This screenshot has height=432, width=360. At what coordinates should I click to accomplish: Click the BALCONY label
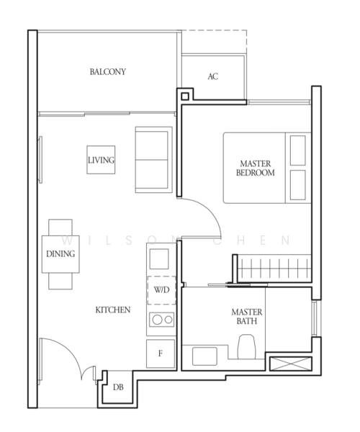click(x=108, y=72)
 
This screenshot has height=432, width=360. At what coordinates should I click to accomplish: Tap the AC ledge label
click(x=213, y=76)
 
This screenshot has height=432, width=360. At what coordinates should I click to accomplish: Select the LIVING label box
click(x=101, y=160)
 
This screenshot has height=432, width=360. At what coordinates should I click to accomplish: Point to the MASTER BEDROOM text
click(x=256, y=168)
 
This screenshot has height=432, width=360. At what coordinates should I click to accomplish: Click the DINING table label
click(x=60, y=253)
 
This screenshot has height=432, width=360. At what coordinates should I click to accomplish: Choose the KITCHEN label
click(x=113, y=310)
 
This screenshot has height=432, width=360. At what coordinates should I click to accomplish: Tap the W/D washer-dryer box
click(x=162, y=290)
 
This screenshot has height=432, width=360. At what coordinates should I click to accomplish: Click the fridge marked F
click(x=161, y=354)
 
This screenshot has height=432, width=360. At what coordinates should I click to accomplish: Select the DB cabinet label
click(x=118, y=387)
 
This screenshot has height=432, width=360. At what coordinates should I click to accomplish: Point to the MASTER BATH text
click(x=247, y=316)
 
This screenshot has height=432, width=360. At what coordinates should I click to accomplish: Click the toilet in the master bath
click(x=246, y=346)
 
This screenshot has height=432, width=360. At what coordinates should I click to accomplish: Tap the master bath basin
click(x=204, y=356)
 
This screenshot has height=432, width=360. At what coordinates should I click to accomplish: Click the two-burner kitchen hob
click(x=162, y=320)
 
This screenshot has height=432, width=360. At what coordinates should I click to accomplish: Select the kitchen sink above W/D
click(x=159, y=258)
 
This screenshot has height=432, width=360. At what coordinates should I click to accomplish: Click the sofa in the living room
click(x=153, y=160)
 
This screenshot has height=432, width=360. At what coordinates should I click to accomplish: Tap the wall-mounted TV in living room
click(x=40, y=160)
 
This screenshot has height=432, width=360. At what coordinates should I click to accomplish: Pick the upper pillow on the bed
click(x=298, y=150)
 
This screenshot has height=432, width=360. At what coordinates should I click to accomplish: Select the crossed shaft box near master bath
click(x=291, y=364)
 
